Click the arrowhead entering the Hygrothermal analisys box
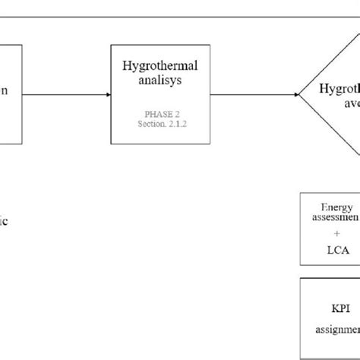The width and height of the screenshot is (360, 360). coord(109,94)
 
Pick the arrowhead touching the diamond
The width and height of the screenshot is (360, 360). coord(295,94)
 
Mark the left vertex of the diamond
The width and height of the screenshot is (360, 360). coord(300,94)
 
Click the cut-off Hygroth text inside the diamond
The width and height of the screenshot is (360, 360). coord(337,87)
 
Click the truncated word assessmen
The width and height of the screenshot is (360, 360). coord(333,216)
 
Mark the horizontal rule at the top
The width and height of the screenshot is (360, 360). coord(180,14)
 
